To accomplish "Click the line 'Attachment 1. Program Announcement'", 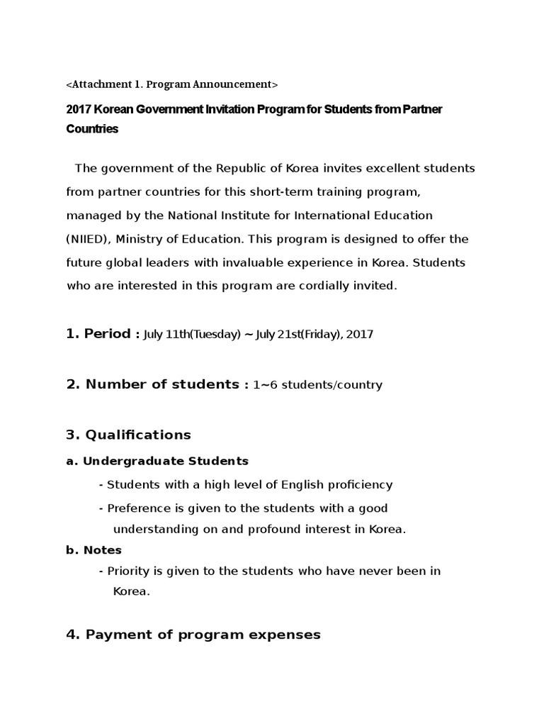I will [172, 84].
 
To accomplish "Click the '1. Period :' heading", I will [103, 333].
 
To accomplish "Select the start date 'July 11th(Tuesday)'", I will [192, 334].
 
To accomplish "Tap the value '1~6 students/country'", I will [317, 385].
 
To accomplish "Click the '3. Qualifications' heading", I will [129, 435].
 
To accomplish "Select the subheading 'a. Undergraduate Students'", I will [157, 461].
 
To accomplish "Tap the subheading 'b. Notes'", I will [94, 550].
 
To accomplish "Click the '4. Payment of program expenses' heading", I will [193, 635].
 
